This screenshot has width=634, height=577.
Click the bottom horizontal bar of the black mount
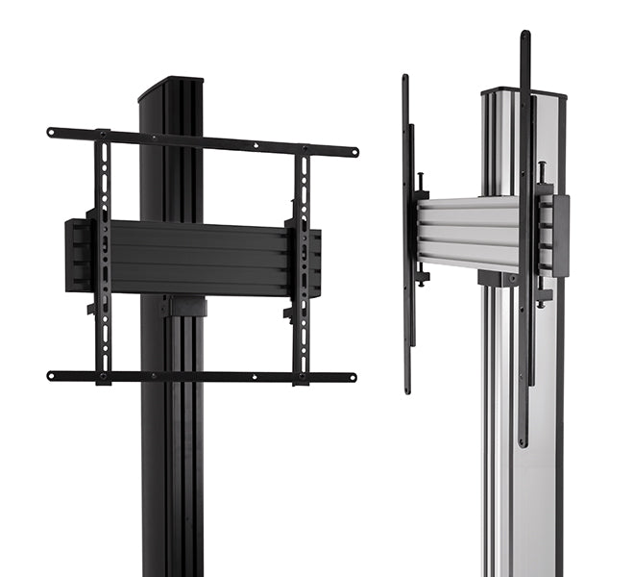click(x=202, y=376)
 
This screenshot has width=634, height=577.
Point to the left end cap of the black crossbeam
click(x=75, y=255)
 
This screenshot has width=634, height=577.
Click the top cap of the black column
click(x=171, y=88)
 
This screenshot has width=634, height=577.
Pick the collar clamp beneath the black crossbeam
click(x=183, y=307)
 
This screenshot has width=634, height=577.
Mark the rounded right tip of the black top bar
click(x=353, y=152)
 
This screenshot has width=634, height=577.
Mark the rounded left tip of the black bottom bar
click(x=52, y=375)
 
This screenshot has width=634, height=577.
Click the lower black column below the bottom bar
click(x=173, y=481)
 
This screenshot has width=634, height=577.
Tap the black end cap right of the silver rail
click(x=560, y=236)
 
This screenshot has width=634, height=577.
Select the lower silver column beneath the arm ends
click(x=519, y=510)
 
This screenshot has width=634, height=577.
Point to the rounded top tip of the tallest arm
click(x=524, y=36)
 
